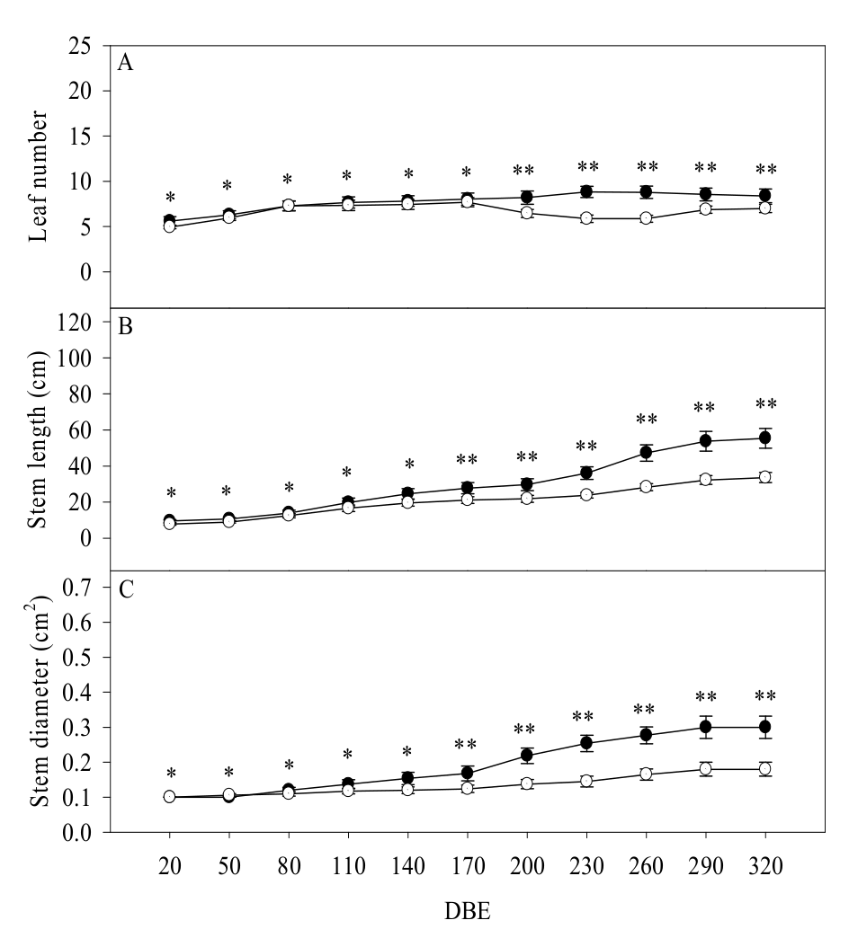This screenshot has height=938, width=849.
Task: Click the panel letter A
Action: (x=127, y=64)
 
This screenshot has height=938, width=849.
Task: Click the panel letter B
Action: (x=127, y=326)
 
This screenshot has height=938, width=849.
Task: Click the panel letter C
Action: (x=127, y=589)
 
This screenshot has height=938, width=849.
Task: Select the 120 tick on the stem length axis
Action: (x=78, y=322)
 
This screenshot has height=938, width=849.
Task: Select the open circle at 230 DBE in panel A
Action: (x=586, y=218)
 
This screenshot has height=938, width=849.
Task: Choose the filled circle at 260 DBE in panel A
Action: (x=646, y=192)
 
